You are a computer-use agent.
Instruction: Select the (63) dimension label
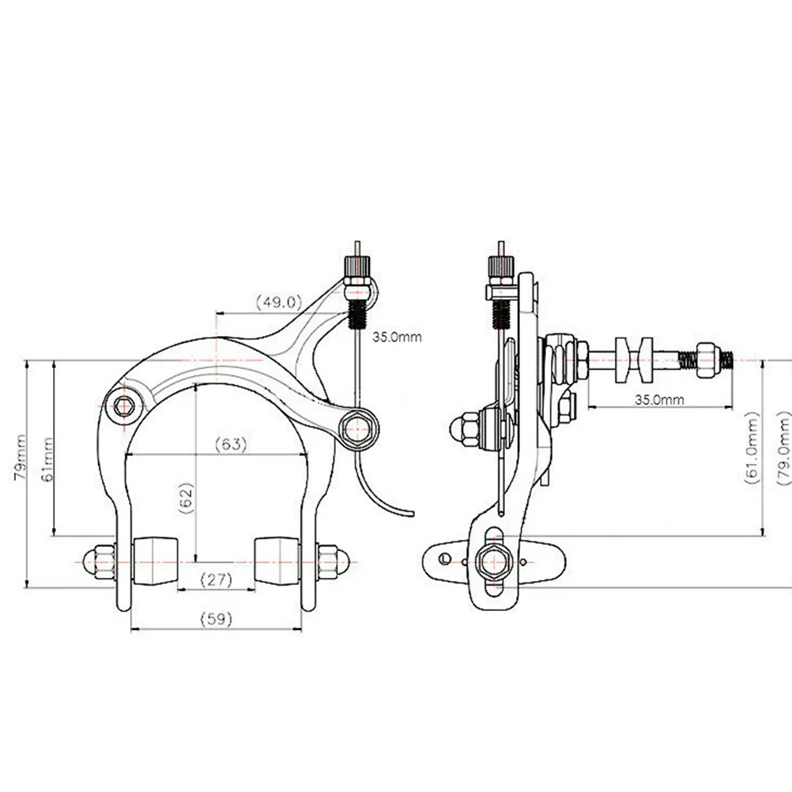[x=231, y=444]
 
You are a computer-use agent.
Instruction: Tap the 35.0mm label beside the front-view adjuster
[x=398, y=337]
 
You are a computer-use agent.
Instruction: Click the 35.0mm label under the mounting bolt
[x=659, y=399]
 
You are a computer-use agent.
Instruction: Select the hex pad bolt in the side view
[x=492, y=560]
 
